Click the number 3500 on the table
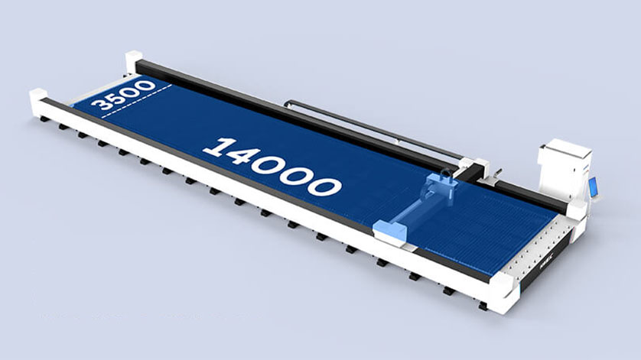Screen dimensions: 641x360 click(123, 95)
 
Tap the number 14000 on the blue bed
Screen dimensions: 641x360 click(272, 167)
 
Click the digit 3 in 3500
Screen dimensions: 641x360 click(100, 104)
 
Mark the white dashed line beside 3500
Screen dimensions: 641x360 click(137, 101)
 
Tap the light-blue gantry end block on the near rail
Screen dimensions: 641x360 click(390, 232)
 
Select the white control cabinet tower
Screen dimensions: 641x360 click(565, 167)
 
